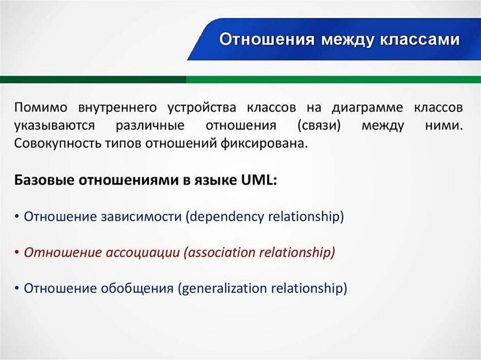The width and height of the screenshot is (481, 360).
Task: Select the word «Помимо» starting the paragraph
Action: [x=40, y=107]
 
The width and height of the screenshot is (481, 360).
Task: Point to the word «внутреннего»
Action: [x=117, y=108]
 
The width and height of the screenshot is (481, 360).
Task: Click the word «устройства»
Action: [x=202, y=108]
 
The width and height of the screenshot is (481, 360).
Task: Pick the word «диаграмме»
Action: [x=367, y=108]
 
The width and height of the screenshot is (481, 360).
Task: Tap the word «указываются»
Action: [x=54, y=126]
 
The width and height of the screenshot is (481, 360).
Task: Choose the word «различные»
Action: [x=150, y=126]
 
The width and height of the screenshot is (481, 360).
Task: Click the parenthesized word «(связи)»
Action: [x=319, y=126]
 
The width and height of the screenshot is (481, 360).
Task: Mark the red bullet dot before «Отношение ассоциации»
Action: [x=16, y=253]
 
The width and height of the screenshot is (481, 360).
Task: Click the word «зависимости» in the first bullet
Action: [x=141, y=217]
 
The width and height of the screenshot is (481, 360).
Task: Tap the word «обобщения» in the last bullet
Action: [x=137, y=289]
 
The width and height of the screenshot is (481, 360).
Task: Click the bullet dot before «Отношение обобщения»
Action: [x=16, y=289]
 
